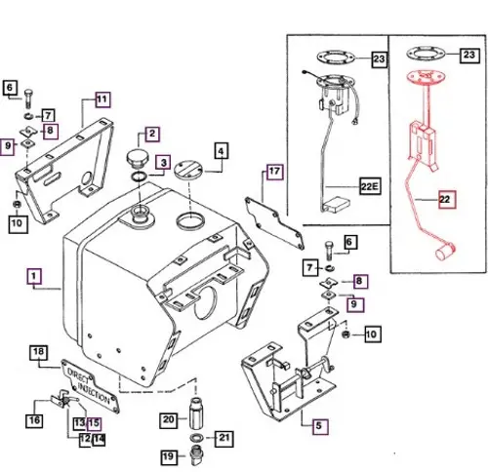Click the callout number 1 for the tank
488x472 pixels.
[x=35, y=277]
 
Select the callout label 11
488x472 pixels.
[x=102, y=99]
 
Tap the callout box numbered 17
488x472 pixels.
[x=275, y=173]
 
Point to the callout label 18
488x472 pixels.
[x=39, y=351]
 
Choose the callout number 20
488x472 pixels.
[x=167, y=419]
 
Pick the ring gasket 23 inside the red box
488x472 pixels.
[x=424, y=51]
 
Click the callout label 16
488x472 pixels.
[x=35, y=420]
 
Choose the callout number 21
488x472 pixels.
[x=223, y=437]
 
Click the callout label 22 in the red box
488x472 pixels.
[x=447, y=198]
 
